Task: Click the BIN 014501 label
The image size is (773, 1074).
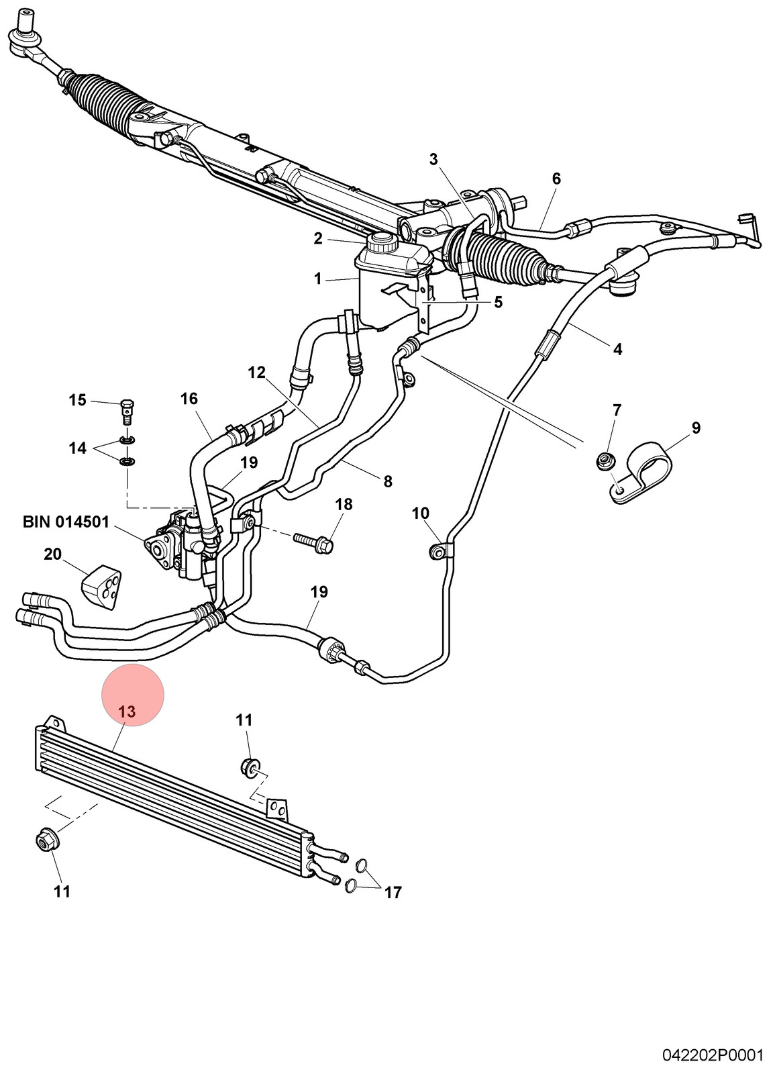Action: [66, 522]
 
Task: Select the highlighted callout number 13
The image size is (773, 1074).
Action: [127, 712]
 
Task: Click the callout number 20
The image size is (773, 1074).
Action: [53, 554]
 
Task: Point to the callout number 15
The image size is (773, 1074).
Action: [78, 400]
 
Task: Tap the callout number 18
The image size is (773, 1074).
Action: [344, 504]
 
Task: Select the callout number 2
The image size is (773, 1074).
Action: [318, 238]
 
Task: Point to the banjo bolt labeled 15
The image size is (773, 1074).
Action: [127, 410]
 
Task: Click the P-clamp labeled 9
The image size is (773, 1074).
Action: [641, 473]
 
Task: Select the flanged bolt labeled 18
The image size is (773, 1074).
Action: [314, 543]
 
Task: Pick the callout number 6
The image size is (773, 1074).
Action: [556, 179]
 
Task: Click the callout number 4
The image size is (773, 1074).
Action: [618, 349]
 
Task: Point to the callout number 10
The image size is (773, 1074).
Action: [420, 513]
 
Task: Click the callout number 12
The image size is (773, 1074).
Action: [257, 372]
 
